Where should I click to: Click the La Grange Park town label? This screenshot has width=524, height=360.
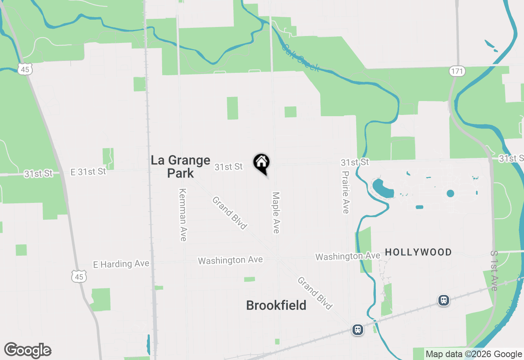[x=181, y=166]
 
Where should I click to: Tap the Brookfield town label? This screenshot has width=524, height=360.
[x=276, y=305]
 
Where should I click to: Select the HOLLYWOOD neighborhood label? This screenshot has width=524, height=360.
[x=418, y=252]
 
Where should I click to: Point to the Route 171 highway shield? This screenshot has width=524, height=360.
[x=457, y=71]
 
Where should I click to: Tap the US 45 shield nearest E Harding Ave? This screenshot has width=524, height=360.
[x=79, y=277]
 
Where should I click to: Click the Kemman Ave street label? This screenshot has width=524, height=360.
[x=183, y=215]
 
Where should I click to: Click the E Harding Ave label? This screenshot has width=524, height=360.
[x=121, y=264]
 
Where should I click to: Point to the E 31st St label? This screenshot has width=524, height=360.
[x=88, y=172]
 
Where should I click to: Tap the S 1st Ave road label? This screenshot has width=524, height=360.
[x=494, y=270]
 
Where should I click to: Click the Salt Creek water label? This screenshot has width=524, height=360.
[x=301, y=58]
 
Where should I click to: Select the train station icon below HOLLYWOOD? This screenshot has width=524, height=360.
[x=443, y=300]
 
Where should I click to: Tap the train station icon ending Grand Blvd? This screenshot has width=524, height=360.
[x=358, y=330]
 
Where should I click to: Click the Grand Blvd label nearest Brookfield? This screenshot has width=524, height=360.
[x=314, y=293]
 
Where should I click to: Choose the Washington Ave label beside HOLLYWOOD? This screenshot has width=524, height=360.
[x=348, y=256]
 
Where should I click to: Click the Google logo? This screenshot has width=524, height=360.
[x=28, y=350]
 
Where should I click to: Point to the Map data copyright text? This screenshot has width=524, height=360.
[x=474, y=354]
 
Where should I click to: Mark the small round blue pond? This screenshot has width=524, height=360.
[x=450, y=193]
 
